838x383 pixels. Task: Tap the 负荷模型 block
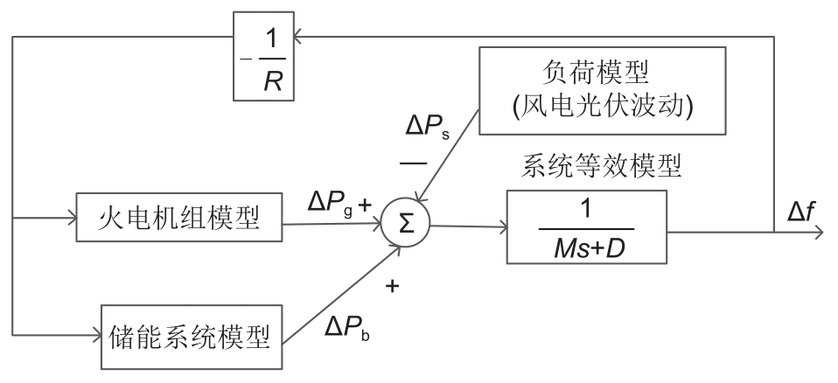604,89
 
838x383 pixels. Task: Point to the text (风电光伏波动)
604,108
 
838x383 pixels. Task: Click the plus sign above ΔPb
391,286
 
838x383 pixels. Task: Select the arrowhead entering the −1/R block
299,37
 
